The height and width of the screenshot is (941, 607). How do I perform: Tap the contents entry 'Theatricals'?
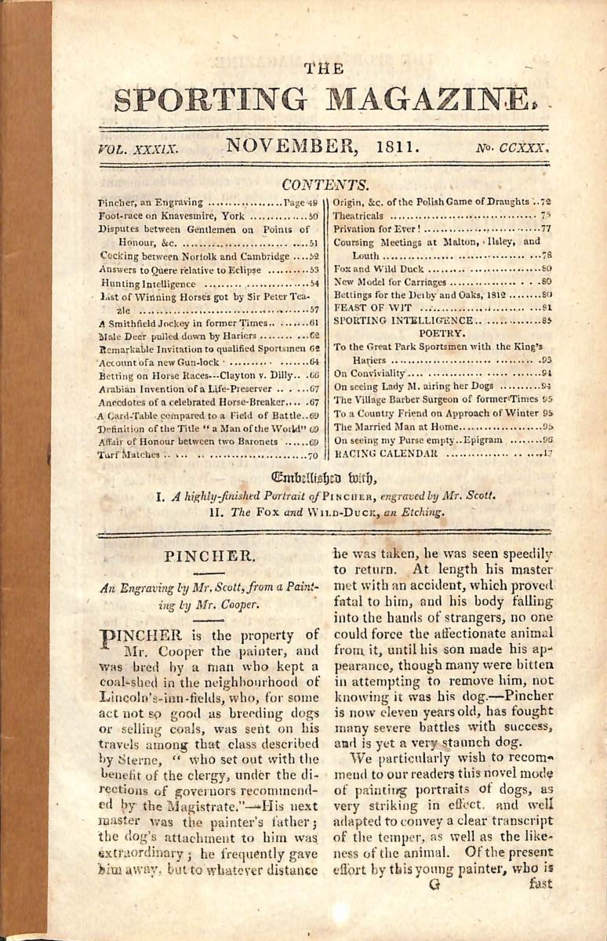[358, 215]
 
